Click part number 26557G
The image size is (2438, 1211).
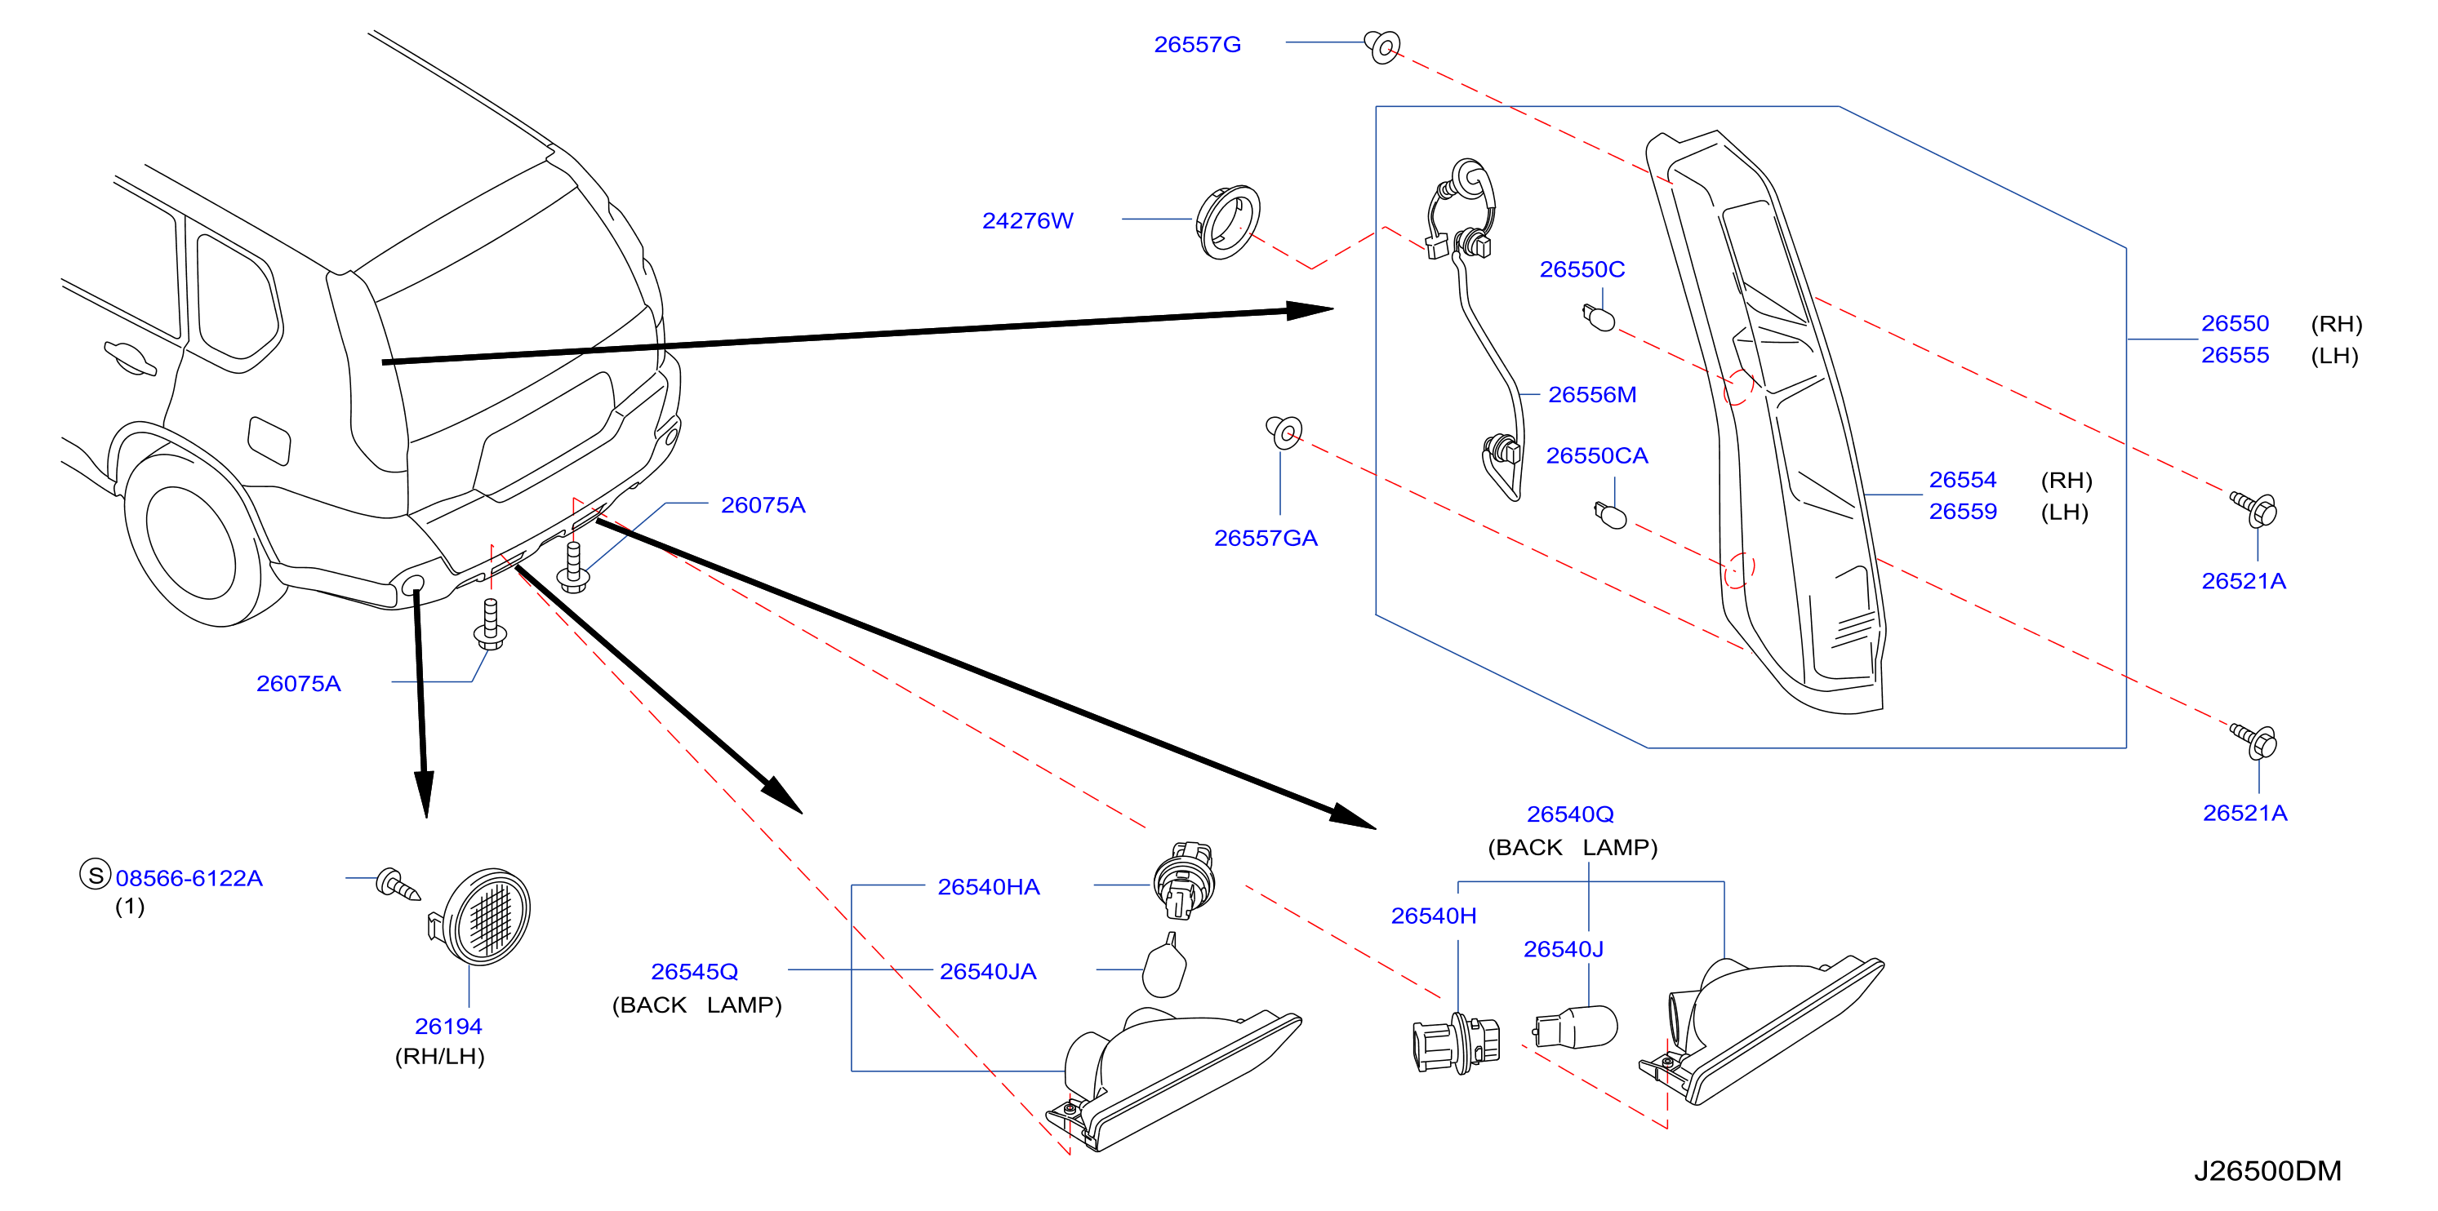(x=1196, y=44)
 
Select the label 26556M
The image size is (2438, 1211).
(x=1592, y=394)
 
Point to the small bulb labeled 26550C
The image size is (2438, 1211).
(x=1599, y=317)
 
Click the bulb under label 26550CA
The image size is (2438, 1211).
(x=1611, y=515)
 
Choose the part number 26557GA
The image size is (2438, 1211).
(x=1266, y=539)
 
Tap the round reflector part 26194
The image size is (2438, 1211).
(x=483, y=916)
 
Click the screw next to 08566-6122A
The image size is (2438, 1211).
(x=398, y=885)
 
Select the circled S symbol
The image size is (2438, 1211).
(x=96, y=875)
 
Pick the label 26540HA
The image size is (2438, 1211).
(x=988, y=887)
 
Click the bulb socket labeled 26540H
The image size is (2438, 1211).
(x=1456, y=1044)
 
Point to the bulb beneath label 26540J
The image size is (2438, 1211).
(x=1576, y=1027)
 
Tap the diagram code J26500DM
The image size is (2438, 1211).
(x=2267, y=1171)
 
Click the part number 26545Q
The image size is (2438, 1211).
(x=694, y=972)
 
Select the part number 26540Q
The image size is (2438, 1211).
(x=1570, y=814)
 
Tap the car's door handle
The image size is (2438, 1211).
(x=130, y=358)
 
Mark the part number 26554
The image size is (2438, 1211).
(x=1962, y=480)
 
